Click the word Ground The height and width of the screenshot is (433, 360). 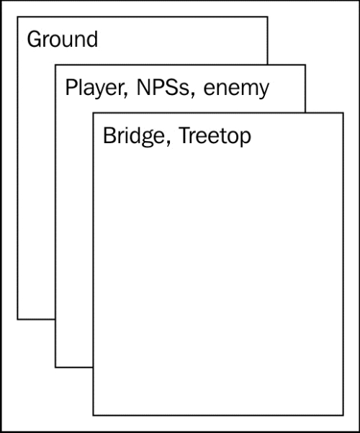point(63,40)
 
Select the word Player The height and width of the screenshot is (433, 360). point(96,88)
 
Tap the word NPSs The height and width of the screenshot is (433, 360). point(163,87)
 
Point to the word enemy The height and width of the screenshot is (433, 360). point(236,89)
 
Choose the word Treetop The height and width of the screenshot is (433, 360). point(215,136)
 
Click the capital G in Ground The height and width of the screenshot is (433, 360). point(35,40)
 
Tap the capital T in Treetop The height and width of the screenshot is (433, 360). point(186,135)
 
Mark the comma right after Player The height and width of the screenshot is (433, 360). point(125,94)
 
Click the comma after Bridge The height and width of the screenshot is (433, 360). point(168,143)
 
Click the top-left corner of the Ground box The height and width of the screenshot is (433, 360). point(18,17)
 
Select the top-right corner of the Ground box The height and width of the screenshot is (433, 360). point(267,17)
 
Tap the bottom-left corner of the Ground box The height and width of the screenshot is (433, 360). point(18,319)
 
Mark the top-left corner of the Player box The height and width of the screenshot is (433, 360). point(55,65)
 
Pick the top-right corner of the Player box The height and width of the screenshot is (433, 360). point(305,65)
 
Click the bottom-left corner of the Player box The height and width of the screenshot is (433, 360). point(55,368)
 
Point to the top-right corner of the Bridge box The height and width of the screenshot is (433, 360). point(343,113)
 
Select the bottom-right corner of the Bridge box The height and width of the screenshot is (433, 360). point(343,415)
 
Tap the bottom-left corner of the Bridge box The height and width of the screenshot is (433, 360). point(93,415)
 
